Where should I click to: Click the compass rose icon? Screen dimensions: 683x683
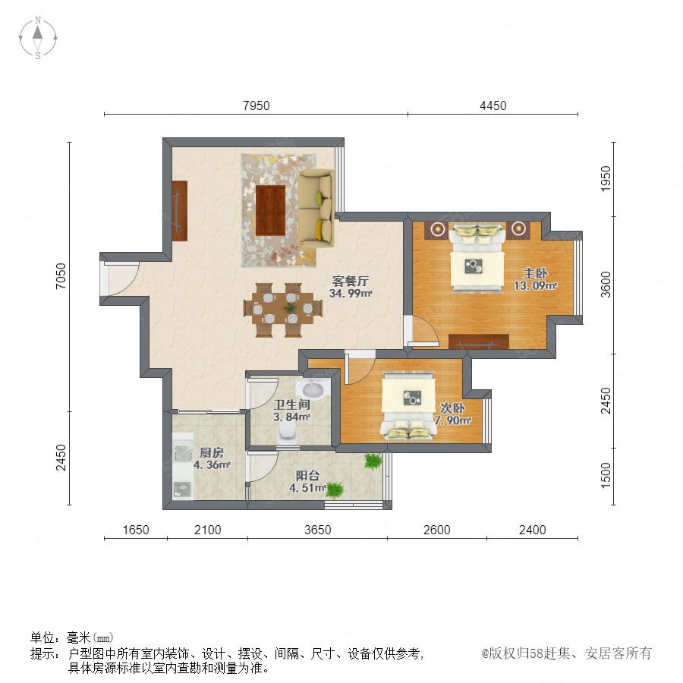click(x=38, y=38)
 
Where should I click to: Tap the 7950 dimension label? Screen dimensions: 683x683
click(x=257, y=105)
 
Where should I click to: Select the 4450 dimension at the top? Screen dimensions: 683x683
click(x=493, y=105)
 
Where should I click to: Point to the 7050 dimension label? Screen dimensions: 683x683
click(x=61, y=275)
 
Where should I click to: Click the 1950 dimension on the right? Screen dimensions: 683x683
click(x=606, y=178)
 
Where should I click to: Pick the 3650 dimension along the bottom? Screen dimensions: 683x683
click(x=317, y=530)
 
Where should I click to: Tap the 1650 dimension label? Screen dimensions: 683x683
click(x=136, y=530)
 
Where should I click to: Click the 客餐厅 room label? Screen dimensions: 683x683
click(x=350, y=281)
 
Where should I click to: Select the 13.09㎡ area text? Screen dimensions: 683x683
click(x=535, y=286)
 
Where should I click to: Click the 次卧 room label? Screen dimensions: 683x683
click(x=452, y=408)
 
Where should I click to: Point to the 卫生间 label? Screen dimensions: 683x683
click(x=292, y=404)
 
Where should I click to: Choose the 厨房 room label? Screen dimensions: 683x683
click(x=212, y=452)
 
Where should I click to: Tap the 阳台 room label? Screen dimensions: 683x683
click(x=307, y=476)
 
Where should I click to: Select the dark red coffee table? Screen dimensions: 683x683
click(x=270, y=210)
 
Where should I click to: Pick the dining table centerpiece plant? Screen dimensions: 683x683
click(x=290, y=308)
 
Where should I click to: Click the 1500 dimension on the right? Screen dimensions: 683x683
click(x=606, y=475)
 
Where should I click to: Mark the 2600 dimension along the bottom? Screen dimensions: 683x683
click(x=437, y=530)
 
